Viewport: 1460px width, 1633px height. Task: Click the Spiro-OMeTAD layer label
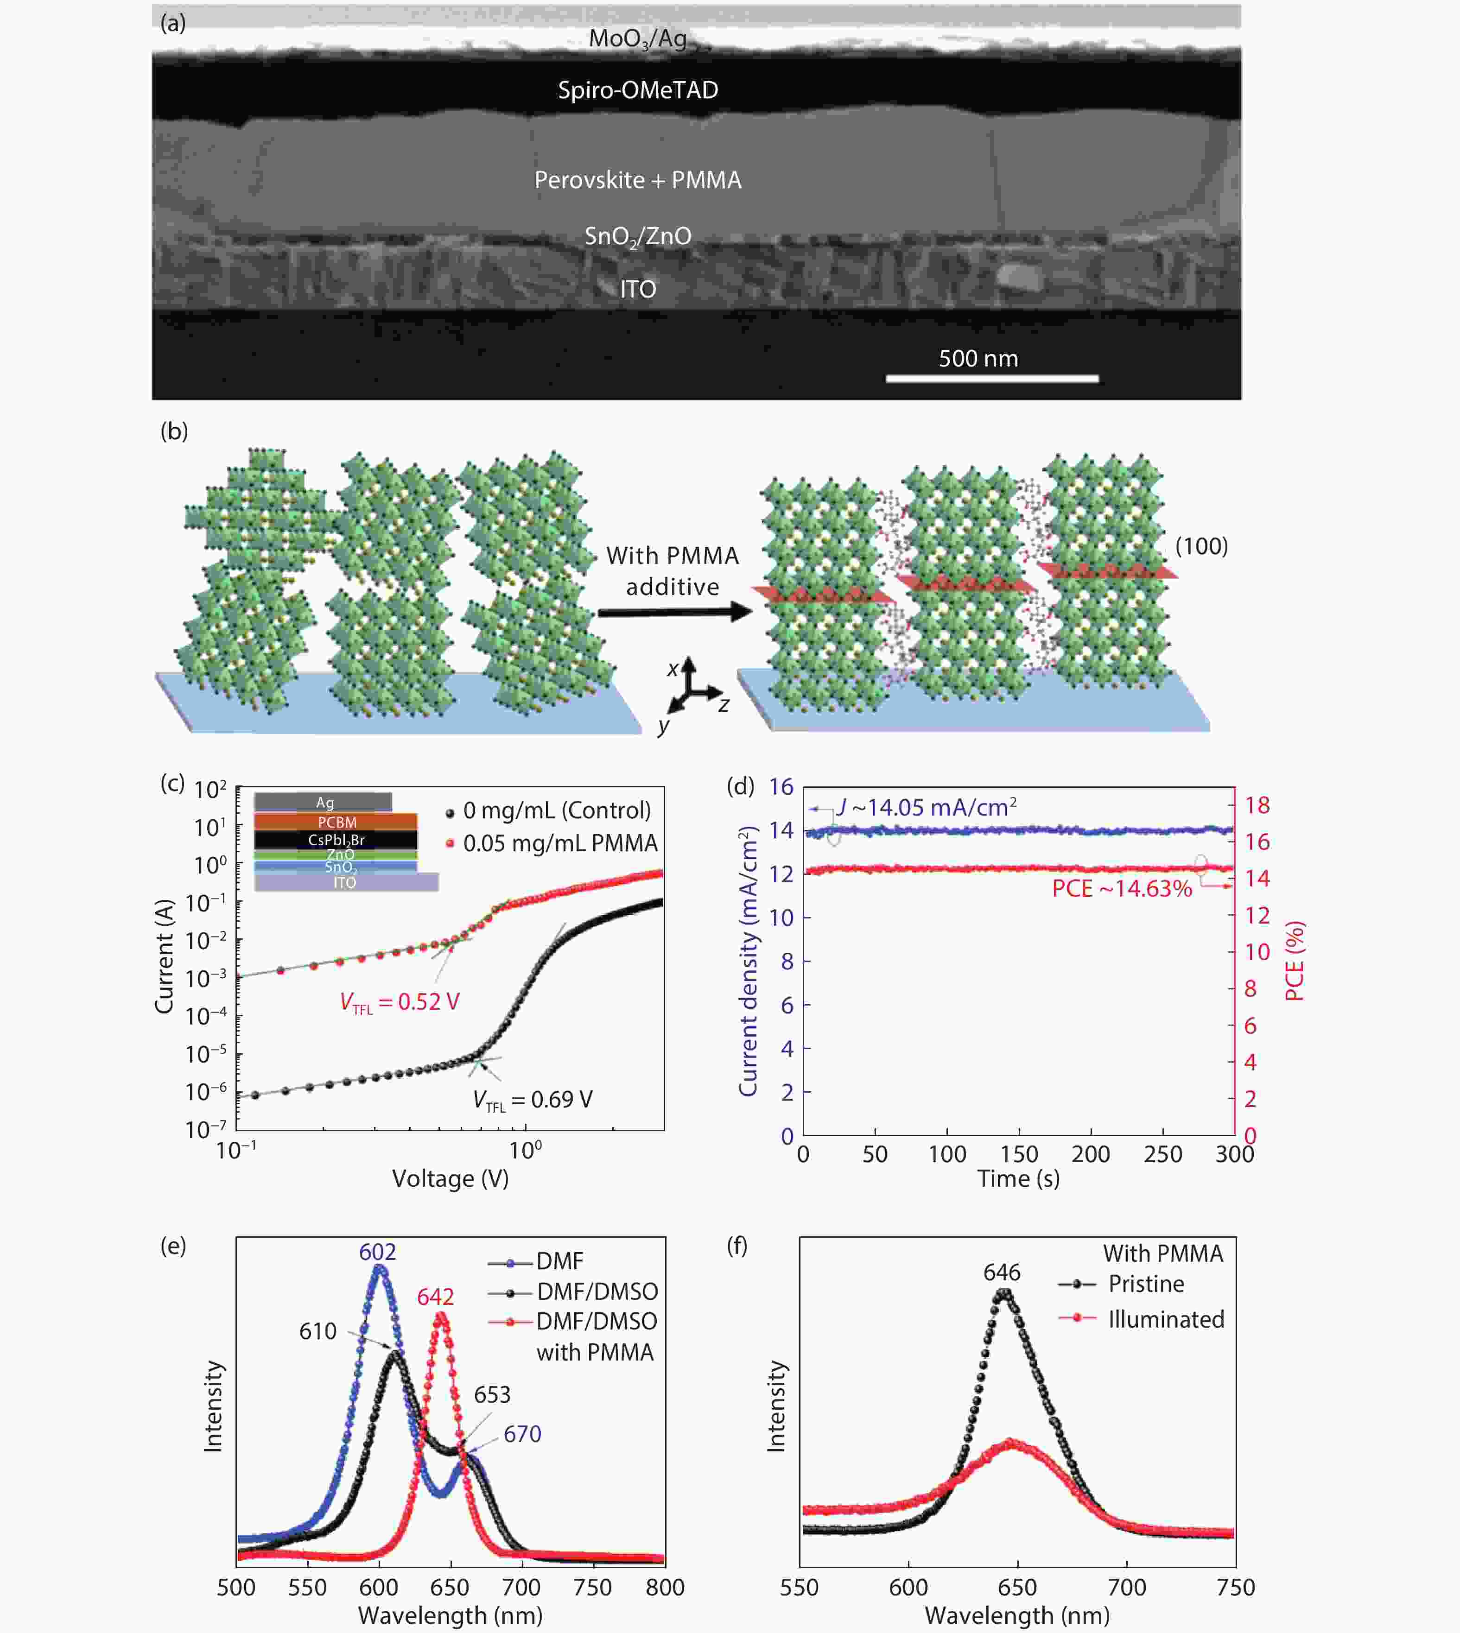(x=638, y=90)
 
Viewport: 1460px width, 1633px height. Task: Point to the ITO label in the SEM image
(x=638, y=289)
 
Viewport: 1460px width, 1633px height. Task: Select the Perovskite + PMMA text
(x=638, y=180)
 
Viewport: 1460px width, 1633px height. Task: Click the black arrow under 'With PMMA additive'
(x=674, y=613)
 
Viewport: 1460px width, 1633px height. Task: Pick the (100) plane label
(x=1201, y=546)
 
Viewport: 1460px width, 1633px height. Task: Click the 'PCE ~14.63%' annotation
(x=1122, y=889)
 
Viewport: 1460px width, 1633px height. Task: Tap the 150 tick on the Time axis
(x=1019, y=1154)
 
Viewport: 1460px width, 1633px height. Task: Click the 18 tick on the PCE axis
(x=1257, y=805)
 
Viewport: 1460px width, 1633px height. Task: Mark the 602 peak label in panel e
(x=378, y=1252)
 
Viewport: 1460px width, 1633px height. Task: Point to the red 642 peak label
(x=436, y=1297)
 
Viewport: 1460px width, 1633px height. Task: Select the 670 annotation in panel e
(x=522, y=1434)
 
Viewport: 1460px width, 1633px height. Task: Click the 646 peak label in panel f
(x=1002, y=1272)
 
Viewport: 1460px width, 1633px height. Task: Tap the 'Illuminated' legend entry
(x=1166, y=1319)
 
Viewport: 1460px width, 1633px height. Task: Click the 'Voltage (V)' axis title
(x=450, y=1179)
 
